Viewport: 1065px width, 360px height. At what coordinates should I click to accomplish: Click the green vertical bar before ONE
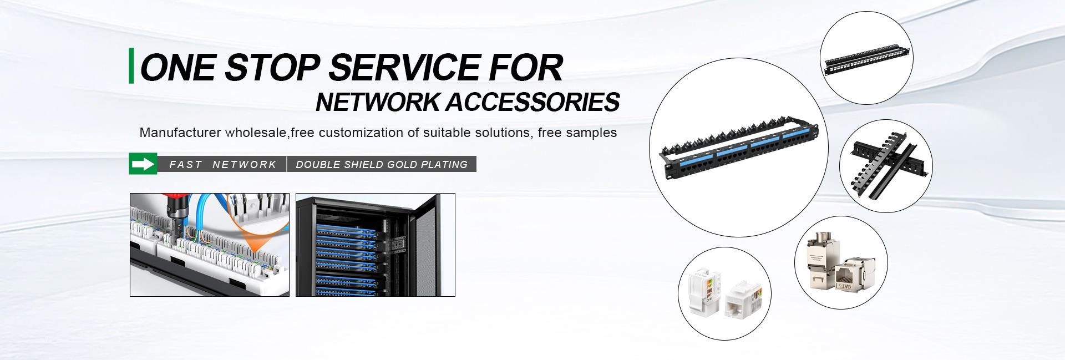click(131, 66)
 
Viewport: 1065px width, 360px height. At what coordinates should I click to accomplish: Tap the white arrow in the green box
click(143, 164)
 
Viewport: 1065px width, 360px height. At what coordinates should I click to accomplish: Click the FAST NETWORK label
click(222, 165)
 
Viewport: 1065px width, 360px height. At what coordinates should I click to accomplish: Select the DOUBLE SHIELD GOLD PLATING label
click(382, 165)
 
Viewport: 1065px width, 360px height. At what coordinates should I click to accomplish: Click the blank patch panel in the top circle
click(866, 58)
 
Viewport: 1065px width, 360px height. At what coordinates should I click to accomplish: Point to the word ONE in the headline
click(177, 68)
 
